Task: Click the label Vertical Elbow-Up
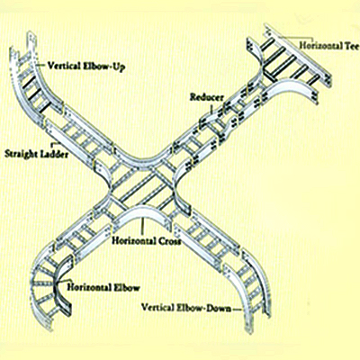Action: (x=86, y=66)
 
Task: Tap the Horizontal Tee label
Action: (x=329, y=46)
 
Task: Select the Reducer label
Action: (x=207, y=97)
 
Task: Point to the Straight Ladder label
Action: (x=36, y=154)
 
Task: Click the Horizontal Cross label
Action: (x=147, y=240)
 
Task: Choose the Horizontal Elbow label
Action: (x=103, y=287)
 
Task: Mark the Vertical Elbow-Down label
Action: (x=186, y=308)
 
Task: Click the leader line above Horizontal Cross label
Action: (x=143, y=226)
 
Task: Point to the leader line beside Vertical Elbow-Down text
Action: (x=237, y=309)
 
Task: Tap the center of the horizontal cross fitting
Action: (x=143, y=189)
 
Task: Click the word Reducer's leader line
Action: (x=211, y=107)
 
